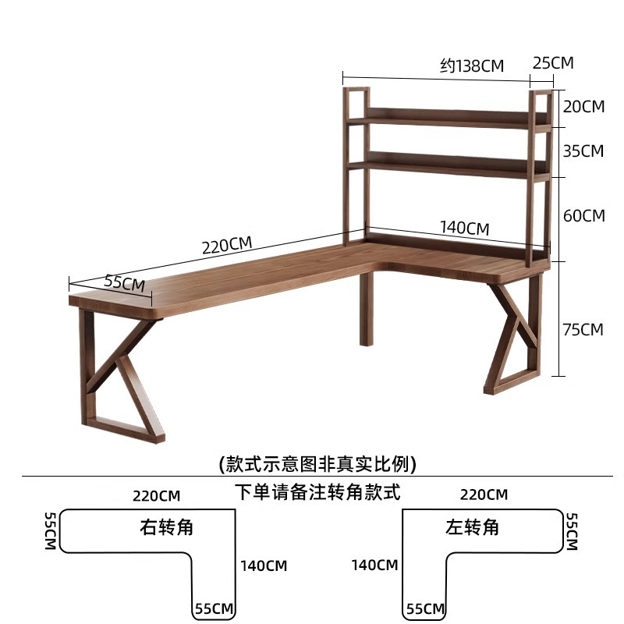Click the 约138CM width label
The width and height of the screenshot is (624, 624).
click(x=472, y=66)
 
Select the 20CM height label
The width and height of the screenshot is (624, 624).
click(x=583, y=107)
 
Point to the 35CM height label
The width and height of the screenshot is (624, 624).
click(x=583, y=151)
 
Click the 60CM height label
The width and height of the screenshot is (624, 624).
click(x=583, y=216)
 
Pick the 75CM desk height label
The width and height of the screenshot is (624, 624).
click(x=583, y=329)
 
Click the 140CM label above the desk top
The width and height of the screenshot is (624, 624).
click(x=464, y=228)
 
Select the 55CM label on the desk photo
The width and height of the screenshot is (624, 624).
click(x=125, y=282)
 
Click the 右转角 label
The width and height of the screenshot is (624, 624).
click(x=166, y=527)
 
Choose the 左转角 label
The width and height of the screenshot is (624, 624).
click(x=472, y=527)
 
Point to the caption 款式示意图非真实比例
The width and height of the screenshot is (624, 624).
click(x=317, y=463)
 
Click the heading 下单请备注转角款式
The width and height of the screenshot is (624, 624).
click(x=317, y=492)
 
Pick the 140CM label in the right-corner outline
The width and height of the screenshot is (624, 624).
click(x=264, y=565)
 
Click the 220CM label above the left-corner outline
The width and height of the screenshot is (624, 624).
click(x=484, y=495)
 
